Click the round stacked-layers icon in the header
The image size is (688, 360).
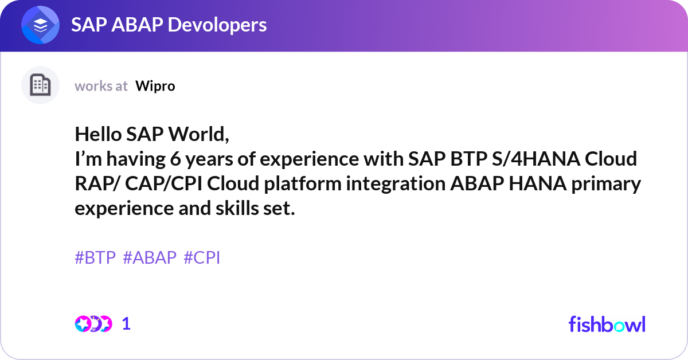(40, 26)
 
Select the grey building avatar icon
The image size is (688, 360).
(40, 85)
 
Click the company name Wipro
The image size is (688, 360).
(155, 86)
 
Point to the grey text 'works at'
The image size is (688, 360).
(101, 86)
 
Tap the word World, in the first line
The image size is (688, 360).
(198, 135)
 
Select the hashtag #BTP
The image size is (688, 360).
(95, 258)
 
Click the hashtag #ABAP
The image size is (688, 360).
(150, 258)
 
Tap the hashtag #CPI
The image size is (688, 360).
(202, 258)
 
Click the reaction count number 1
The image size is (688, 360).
(127, 324)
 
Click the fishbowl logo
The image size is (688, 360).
(607, 324)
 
